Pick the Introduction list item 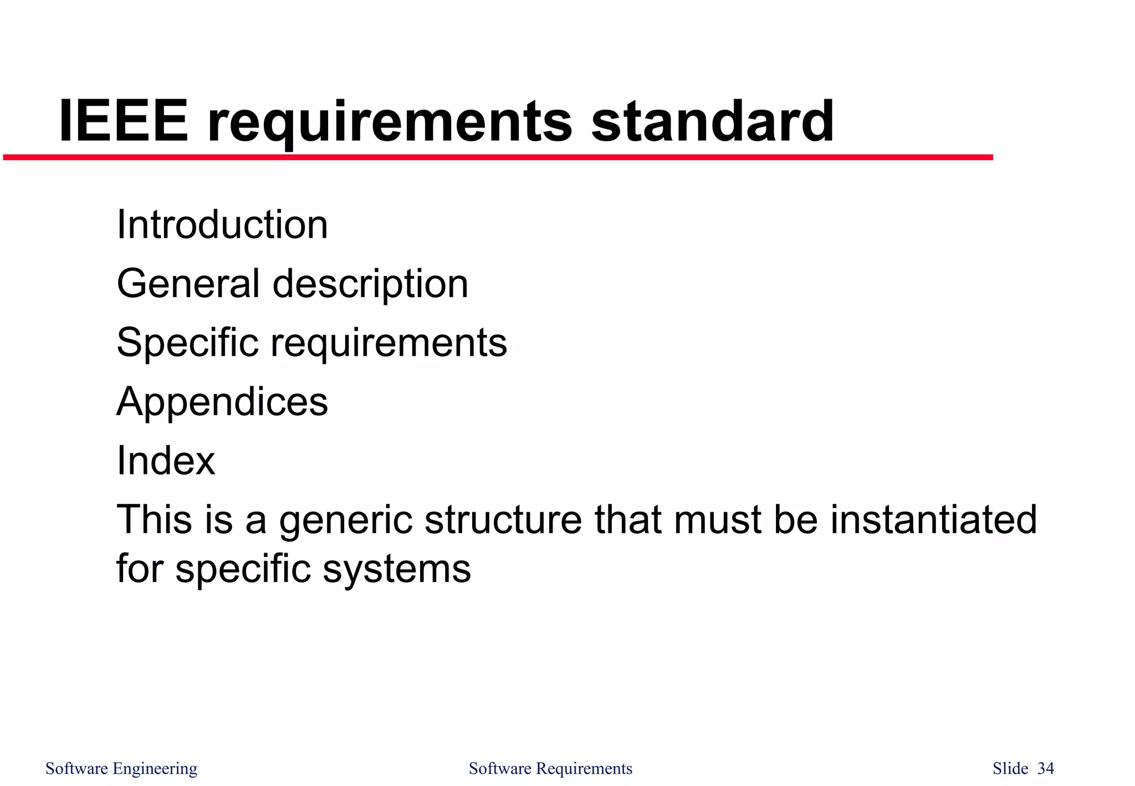coord(222,224)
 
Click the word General coord(188,283)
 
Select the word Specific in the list coord(187,343)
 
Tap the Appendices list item coord(222,402)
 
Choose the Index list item coord(166,461)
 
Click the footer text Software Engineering coord(121,769)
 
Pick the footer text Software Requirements coord(550,769)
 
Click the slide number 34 coord(1045,768)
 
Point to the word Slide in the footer coord(1010,768)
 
